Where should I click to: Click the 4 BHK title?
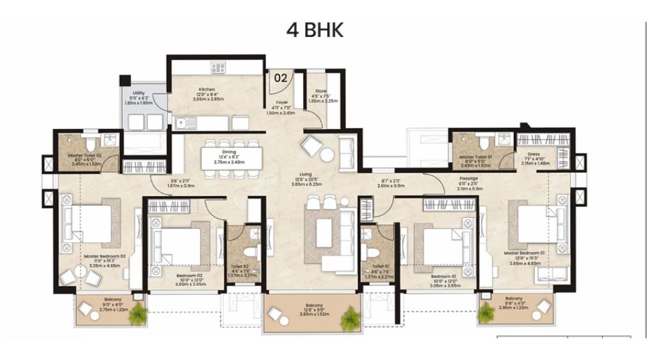pyautogui.click(x=314, y=29)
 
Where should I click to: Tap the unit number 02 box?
pyautogui.click(x=280, y=77)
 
